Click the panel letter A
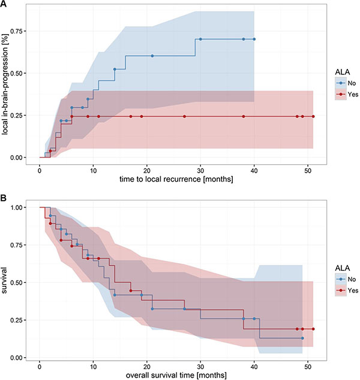click(x=4, y=4)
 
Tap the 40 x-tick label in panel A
click(x=254, y=170)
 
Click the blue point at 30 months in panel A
click(x=200, y=39)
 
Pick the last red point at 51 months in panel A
click(x=313, y=116)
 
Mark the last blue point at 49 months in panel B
click(x=302, y=338)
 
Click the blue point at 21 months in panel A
click(x=152, y=56)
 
